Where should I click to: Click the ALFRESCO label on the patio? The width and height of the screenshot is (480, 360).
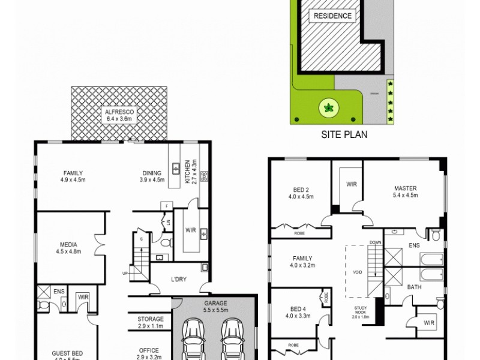[x=118, y=112]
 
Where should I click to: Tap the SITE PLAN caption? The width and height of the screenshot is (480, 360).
[x=344, y=135]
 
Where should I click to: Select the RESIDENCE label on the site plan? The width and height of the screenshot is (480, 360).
[x=331, y=16]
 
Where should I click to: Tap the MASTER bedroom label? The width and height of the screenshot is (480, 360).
[x=405, y=187]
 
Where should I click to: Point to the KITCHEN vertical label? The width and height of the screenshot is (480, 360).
[x=187, y=172]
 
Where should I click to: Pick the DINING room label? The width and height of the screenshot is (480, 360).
[x=151, y=172]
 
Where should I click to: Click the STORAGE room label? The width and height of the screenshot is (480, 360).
[x=150, y=319]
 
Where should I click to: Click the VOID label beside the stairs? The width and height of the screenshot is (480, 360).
[x=358, y=272]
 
